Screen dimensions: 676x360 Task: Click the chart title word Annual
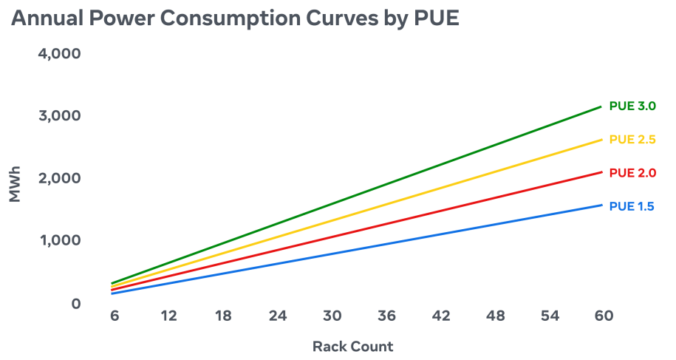pyautogui.click(x=47, y=18)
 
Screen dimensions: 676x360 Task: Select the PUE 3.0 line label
pyautogui.click(x=632, y=106)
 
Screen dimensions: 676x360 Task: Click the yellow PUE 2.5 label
pyautogui.click(x=632, y=140)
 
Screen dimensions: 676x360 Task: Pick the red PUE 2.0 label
pyautogui.click(x=632, y=173)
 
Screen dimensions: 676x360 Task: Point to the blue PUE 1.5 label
pyautogui.click(x=632, y=206)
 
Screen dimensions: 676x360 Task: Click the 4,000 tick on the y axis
pyautogui.click(x=60, y=53)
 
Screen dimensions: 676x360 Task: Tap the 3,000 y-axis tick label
pyautogui.click(x=60, y=115)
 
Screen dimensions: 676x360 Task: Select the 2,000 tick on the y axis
pyautogui.click(x=60, y=178)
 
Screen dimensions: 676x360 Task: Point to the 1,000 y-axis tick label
pyautogui.click(x=61, y=240)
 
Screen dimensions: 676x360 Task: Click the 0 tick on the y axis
pyautogui.click(x=76, y=304)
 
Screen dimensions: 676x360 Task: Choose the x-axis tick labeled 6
pyautogui.click(x=115, y=316)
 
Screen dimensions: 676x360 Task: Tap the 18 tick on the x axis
pyautogui.click(x=223, y=316)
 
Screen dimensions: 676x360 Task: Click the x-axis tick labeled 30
pyautogui.click(x=332, y=316)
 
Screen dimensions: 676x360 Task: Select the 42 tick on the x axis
pyautogui.click(x=441, y=316)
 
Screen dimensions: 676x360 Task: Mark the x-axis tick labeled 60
pyautogui.click(x=604, y=316)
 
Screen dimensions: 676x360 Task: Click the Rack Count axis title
pyautogui.click(x=352, y=346)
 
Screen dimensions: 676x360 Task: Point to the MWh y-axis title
pyautogui.click(x=15, y=184)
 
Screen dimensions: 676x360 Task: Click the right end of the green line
pyautogui.click(x=601, y=106)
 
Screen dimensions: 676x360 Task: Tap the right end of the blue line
pyautogui.click(x=602, y=205)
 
